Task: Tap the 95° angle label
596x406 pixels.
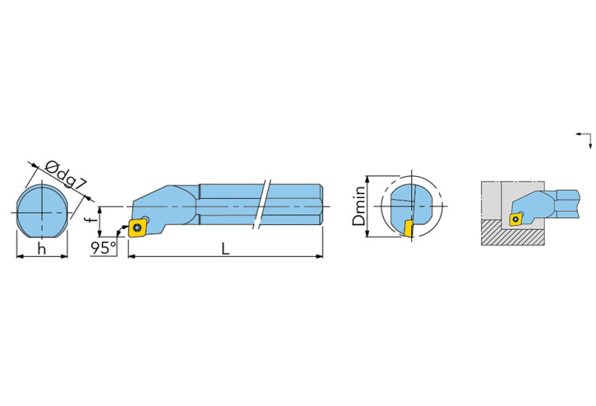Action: (102, 248)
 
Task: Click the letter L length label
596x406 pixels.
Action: (225, 248)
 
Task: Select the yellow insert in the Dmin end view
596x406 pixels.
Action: (408, 227)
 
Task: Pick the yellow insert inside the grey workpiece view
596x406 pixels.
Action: (515, 218)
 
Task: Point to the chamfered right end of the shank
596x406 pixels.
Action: (319, 205)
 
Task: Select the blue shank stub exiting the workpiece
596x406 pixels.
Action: (568, 203)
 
